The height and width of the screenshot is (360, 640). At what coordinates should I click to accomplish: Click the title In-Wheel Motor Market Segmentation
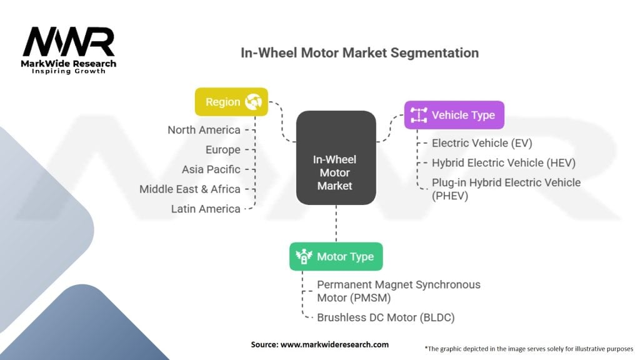[359, 52]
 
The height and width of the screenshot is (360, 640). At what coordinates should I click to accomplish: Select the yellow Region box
[231, 102]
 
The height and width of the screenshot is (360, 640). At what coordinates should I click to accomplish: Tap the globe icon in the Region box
[254, 102]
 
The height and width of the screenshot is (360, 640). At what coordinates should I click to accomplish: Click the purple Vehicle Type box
[454, 115]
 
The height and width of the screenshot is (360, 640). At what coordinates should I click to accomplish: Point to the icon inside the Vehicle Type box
[418, 115]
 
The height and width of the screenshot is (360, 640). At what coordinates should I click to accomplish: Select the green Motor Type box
[336, 256]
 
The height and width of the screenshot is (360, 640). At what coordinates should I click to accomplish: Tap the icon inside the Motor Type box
[304, 256]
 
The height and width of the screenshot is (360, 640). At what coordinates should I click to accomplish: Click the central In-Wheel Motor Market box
[336, 158]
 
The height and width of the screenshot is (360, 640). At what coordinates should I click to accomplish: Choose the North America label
[204, 130]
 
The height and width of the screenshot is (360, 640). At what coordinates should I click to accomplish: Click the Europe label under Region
[222, 150]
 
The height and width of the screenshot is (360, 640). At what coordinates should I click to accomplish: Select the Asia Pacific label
[211, 169]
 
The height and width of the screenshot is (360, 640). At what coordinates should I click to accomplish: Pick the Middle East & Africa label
[189, 189]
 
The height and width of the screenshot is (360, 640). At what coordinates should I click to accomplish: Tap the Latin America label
[206, 209]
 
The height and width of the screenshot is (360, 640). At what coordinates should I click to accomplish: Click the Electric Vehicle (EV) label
[482, 143]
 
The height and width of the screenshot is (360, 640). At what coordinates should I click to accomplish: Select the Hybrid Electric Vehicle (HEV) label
[503, 163]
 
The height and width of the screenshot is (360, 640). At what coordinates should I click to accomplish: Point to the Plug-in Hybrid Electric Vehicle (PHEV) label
[506, 189]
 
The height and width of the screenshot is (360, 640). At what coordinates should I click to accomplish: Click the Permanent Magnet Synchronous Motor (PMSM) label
[398, 291]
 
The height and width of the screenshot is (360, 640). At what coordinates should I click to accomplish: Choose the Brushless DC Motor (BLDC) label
[386, 317]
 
